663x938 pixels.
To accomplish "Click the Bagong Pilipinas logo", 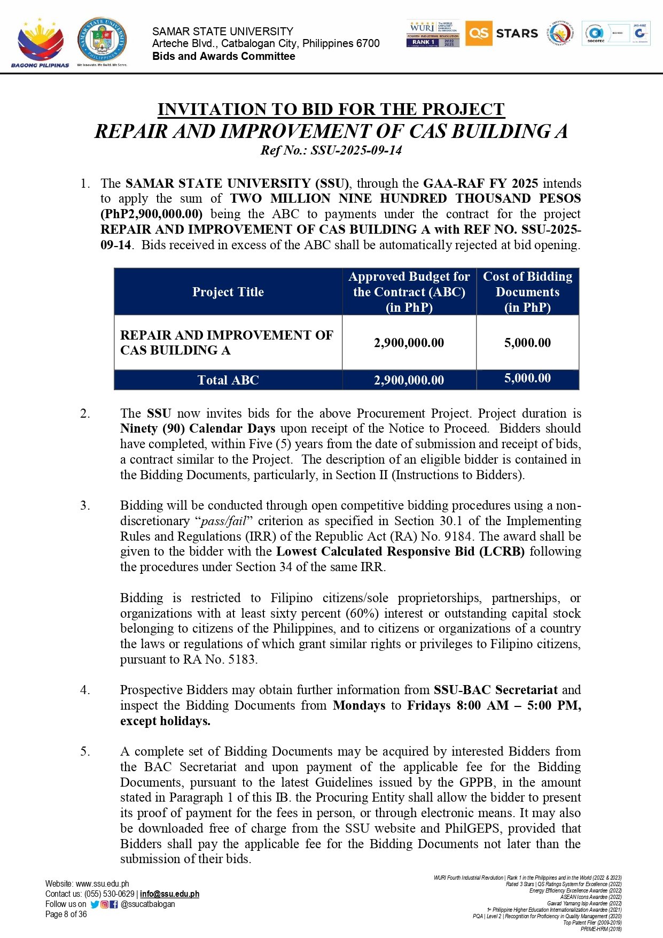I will pos(40,43).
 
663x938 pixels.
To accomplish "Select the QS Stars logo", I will pos(502,33).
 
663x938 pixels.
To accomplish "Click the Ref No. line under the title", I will pos(331,150).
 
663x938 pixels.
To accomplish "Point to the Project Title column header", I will pos(228,292).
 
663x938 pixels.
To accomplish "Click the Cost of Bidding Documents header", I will pos(527,291).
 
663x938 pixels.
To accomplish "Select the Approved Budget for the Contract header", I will pos(409,291).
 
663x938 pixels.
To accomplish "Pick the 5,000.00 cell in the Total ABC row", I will pos(527,379).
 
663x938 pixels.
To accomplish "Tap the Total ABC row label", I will pos(228,380).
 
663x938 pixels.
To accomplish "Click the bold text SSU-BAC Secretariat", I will pos(495,690).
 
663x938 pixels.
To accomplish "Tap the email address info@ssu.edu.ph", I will pos(169,894).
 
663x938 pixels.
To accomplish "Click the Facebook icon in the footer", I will pos(114,904).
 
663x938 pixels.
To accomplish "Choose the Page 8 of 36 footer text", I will pos(66,914).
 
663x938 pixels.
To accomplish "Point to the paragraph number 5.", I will pos(85,752).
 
